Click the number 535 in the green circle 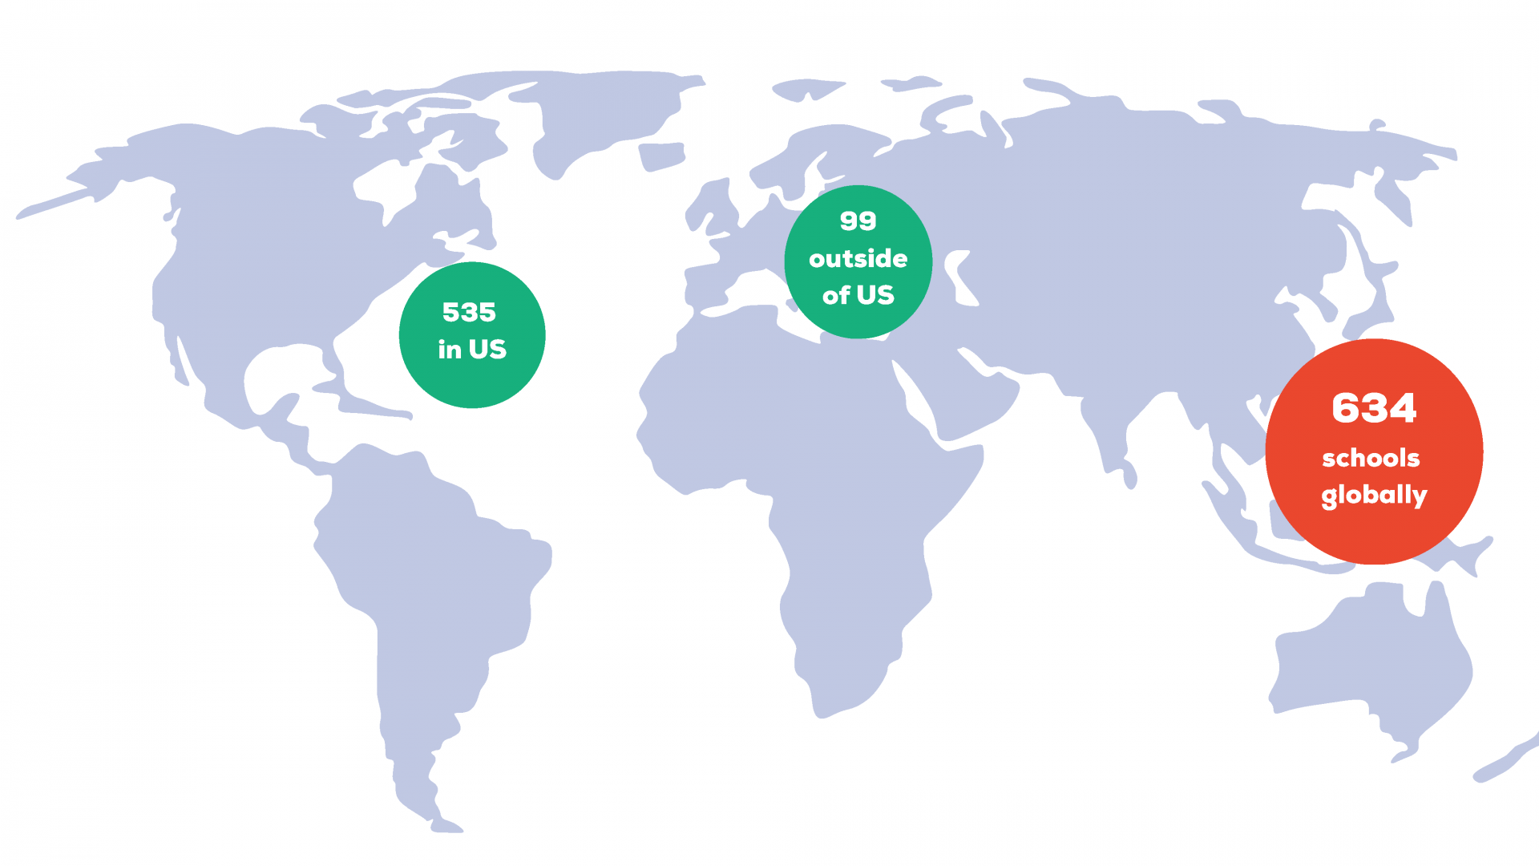tap(469, 312)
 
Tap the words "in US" tap(472, 350)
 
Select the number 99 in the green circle tap(858, 221)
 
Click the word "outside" tap(858, 258)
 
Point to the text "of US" tap(858, 295)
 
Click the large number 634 tap(1374, 408)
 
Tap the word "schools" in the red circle tap(1371, 458)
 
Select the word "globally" tap(1374, 495)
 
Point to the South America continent tap(433, 577)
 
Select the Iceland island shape tap(662, 156)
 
